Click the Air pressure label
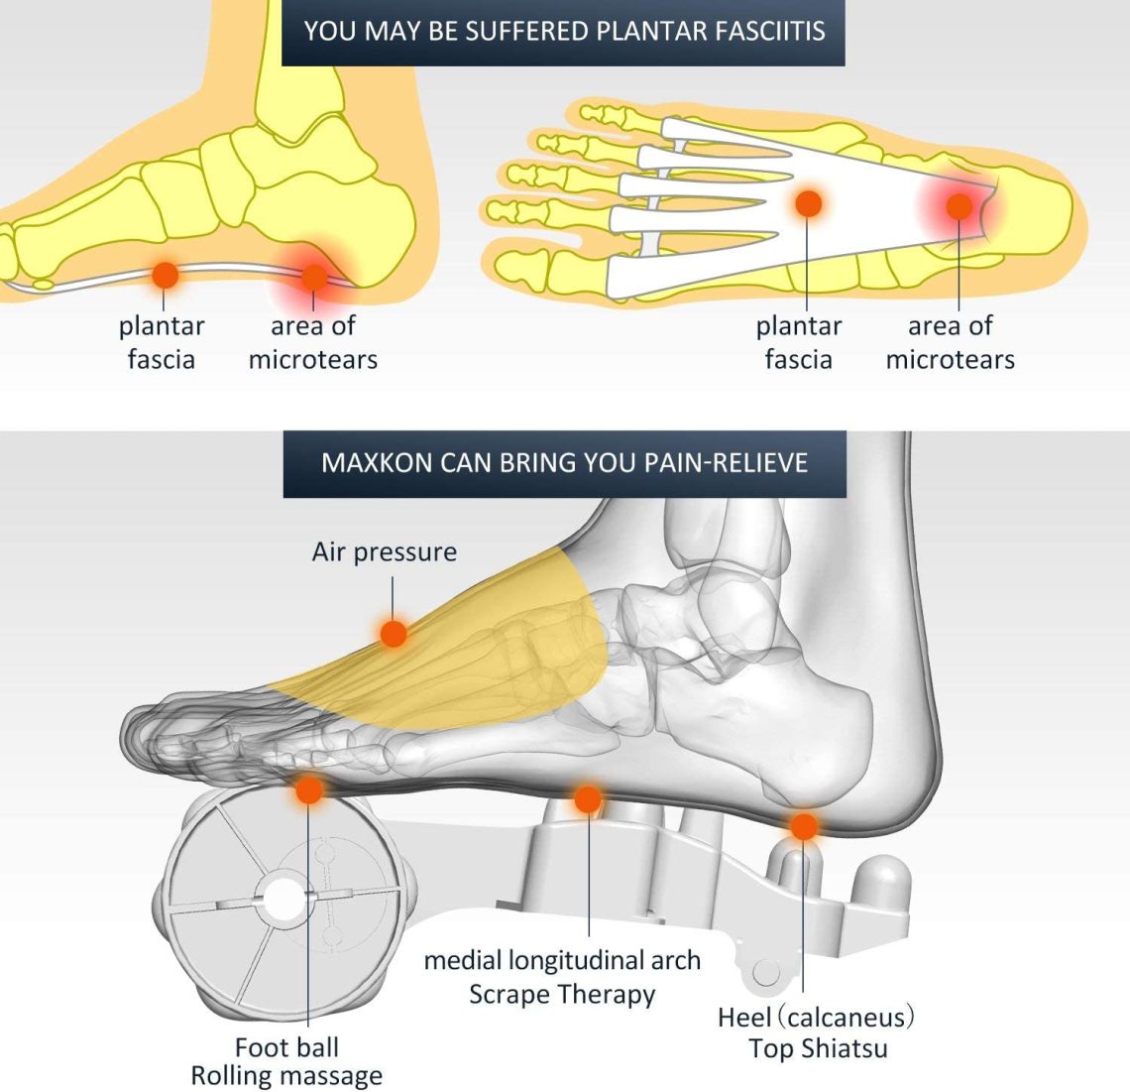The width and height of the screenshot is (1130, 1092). click(x=385, y=552)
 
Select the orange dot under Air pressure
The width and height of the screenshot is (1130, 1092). click(x=394, y=634)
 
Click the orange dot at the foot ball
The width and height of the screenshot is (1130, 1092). click(x=309, y=789)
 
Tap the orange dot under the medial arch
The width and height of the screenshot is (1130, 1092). click(x=588, y=799)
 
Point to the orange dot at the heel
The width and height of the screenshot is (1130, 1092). click(x=804, y=826)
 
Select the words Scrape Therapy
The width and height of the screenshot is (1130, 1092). click(x=562, y=995)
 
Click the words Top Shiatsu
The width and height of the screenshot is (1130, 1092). click(x=818, y=1048)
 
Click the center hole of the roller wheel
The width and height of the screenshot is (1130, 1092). click(x=284, y=900)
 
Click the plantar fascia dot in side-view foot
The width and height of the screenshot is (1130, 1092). click(x=165, y=275)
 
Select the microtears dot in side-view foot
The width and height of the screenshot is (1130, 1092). click(x=314, y=277)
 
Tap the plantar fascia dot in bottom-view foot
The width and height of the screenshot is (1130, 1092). click(x=809, y=204)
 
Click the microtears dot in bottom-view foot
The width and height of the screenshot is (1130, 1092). click(x=960, y=207)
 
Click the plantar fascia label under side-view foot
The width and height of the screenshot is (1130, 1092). click(x=162, y=342)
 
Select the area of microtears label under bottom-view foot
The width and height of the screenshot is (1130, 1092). click(x=951, y=342)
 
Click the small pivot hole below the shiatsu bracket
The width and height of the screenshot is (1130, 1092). click(x=765, y=973)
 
